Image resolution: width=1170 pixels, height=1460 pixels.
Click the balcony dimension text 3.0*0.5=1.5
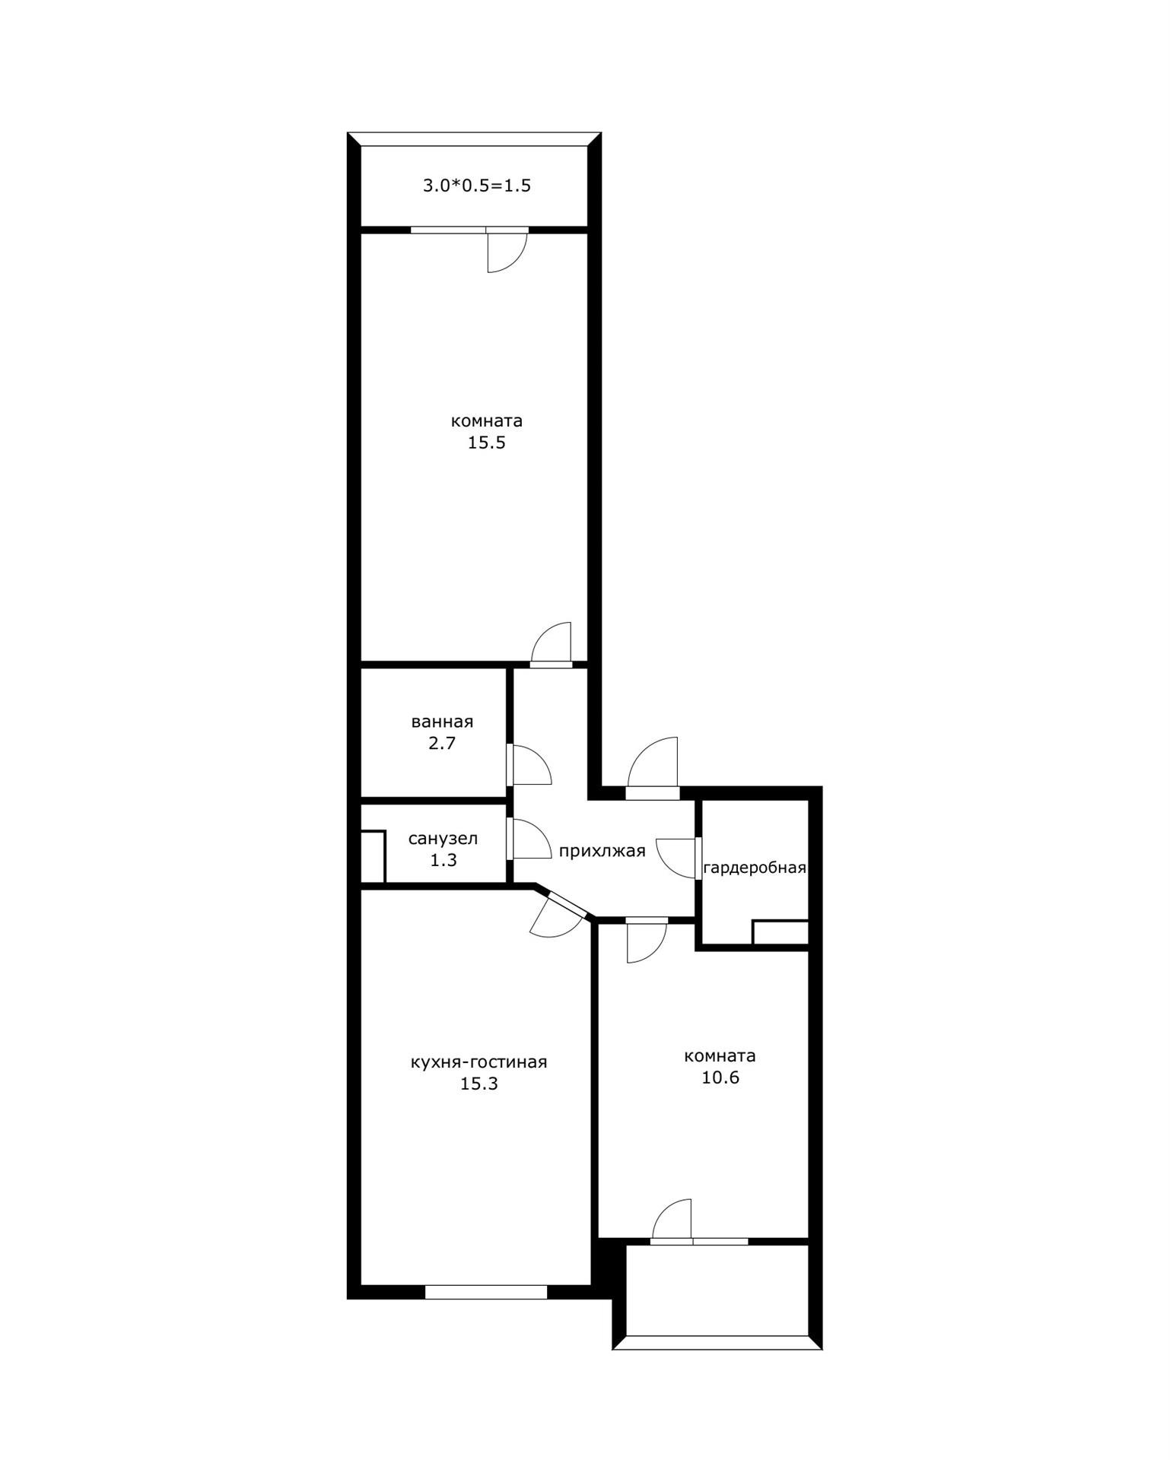477,186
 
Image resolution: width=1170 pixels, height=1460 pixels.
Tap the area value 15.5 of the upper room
487,443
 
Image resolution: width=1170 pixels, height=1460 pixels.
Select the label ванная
442,722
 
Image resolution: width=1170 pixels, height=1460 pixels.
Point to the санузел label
443,839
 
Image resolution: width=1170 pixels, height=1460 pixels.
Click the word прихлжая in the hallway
602,851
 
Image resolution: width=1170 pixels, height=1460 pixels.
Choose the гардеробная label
755,868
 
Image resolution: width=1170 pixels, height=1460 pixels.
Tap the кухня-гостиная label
478,1062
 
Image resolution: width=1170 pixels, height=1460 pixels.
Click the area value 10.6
720,1078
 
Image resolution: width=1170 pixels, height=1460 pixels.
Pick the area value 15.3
478,1084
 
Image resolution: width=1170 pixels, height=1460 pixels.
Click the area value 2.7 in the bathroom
442,743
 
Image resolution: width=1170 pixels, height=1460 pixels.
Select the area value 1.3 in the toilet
443,860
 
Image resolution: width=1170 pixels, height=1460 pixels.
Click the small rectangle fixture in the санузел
373,857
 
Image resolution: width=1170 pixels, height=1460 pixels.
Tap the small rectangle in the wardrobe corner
781,932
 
